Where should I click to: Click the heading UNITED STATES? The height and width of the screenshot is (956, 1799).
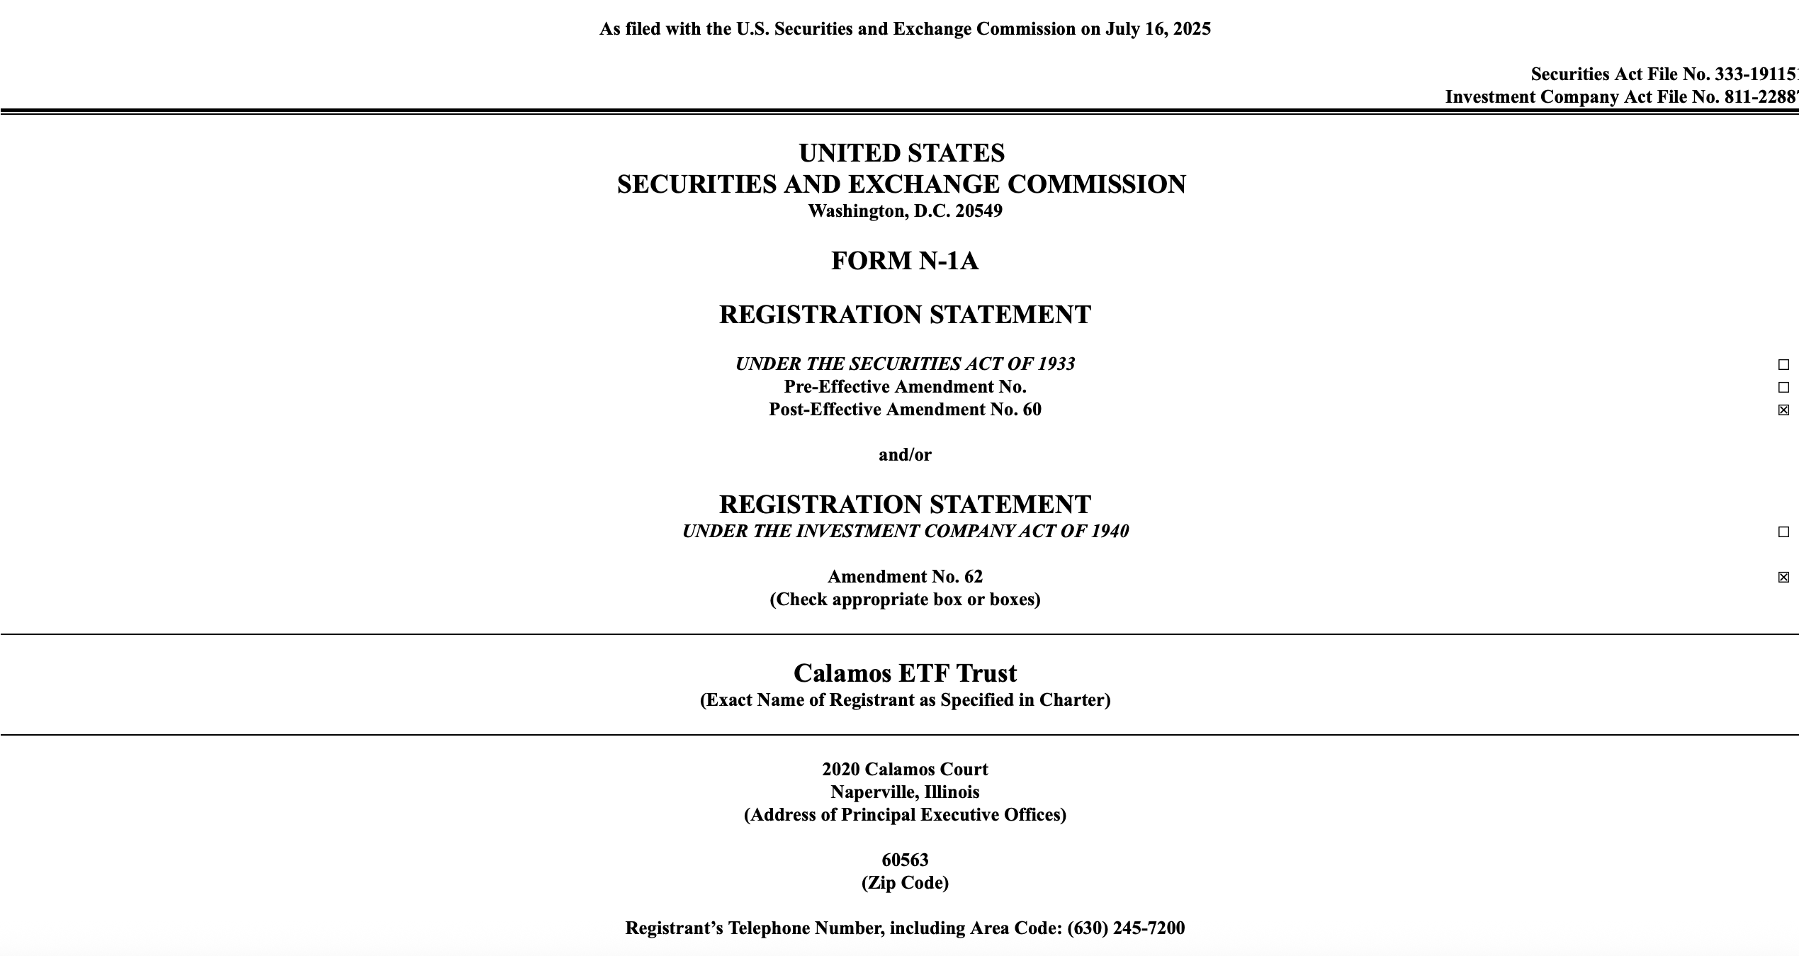(901, 153)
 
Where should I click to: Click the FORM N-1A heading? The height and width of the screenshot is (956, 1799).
(904, 261)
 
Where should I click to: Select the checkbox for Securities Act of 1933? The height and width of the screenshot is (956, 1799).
(1783, 365)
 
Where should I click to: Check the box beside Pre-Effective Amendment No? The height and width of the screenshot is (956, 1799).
(1783, 388)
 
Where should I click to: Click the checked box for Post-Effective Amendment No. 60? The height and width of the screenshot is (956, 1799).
(1783, 410)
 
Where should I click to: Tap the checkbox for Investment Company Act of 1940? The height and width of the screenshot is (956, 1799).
(1783, 532)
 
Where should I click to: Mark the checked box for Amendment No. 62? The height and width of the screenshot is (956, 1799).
(1783, 578)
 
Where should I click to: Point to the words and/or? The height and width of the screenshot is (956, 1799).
(905, 455)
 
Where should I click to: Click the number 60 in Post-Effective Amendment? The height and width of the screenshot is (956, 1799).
(1032, 410)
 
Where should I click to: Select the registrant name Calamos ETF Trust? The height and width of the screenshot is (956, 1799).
(905, 673)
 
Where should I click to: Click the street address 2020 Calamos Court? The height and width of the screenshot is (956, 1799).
(905, 770)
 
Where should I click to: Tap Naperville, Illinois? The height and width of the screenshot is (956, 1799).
(905, 792)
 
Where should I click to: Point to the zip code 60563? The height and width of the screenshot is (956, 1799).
(905, 860)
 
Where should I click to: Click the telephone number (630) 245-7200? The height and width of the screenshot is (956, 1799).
(1126, 928)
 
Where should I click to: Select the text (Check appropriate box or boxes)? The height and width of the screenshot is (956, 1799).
(905, 600)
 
